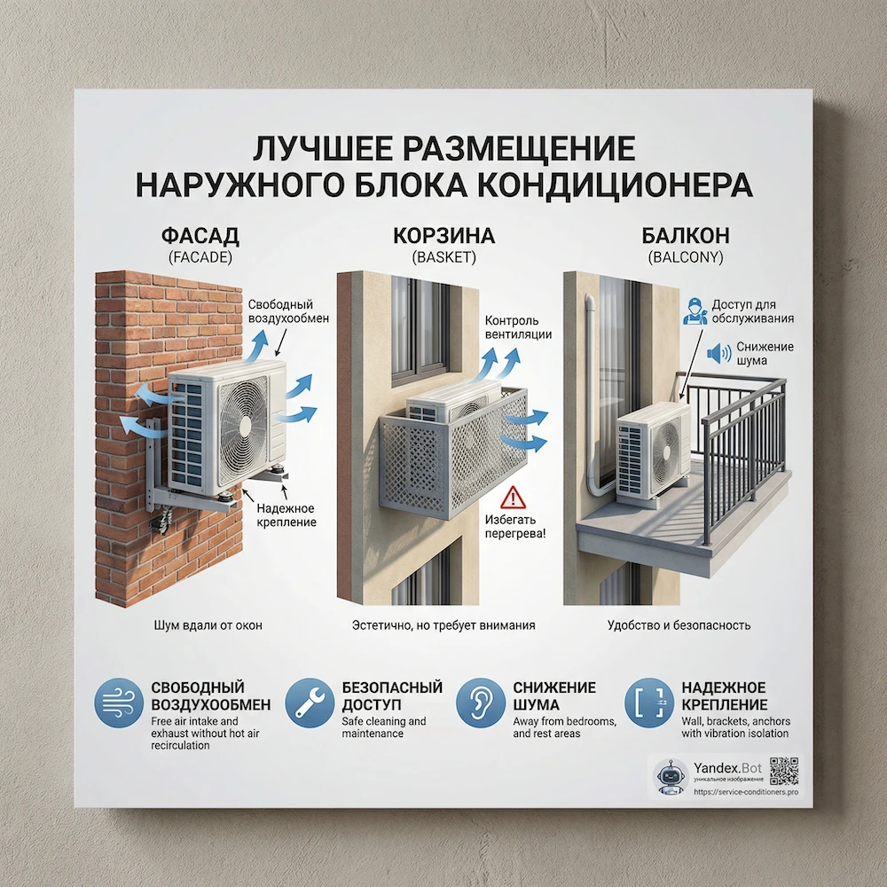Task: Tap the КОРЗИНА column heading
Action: point(443,237)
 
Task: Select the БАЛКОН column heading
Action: point(686,237)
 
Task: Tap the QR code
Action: point(784,772)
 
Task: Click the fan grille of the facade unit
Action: point(242,423)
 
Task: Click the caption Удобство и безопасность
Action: point(679,625)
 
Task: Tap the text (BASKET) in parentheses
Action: point(443,258)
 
